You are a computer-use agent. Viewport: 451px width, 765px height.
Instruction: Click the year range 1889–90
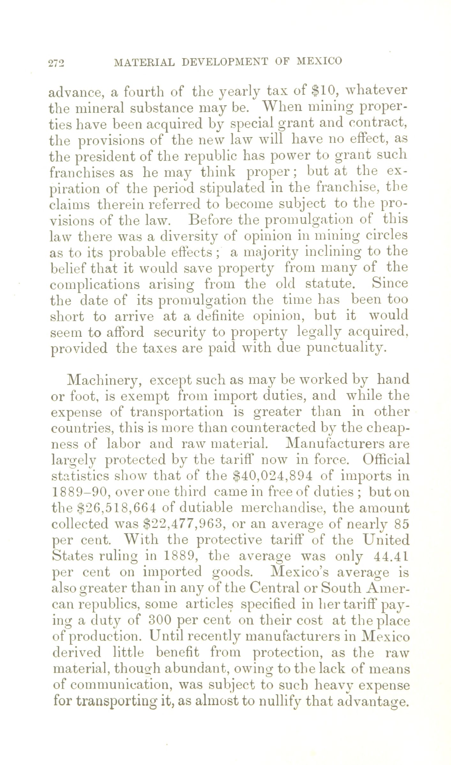(80, 492)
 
